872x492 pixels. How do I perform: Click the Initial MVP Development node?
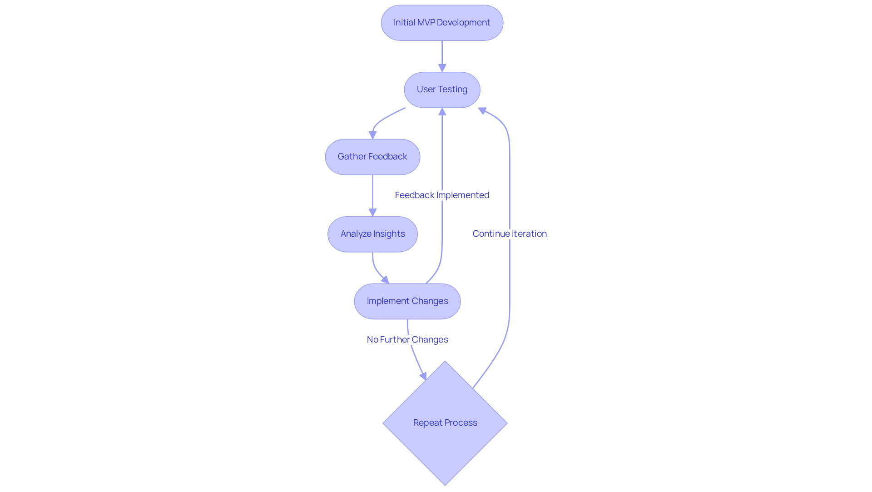pos(442,23)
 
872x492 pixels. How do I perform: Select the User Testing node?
pos(442,89)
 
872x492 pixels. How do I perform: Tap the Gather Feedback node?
pos(372,157)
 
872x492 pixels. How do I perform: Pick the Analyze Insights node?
pos(372,234)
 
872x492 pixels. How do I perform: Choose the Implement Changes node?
pos(407,301)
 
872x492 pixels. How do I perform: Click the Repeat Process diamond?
pos(445,423)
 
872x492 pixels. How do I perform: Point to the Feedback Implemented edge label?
pos(442,195)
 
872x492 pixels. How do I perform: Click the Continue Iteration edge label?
pos(510,234)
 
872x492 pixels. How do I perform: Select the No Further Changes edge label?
pos(407,339)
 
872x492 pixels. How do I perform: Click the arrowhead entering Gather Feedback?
pos(372,135)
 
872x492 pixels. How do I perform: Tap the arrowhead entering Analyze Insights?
pos(372,213)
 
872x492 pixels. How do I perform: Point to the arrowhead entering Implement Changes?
pos(386,280)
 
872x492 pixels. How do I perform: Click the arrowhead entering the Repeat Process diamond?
pos(423,376)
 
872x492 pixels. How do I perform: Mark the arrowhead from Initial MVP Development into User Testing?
pos(442,68)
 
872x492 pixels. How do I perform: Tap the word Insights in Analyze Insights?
pos(389,234)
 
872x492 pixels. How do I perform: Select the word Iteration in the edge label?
pos(529,234)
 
